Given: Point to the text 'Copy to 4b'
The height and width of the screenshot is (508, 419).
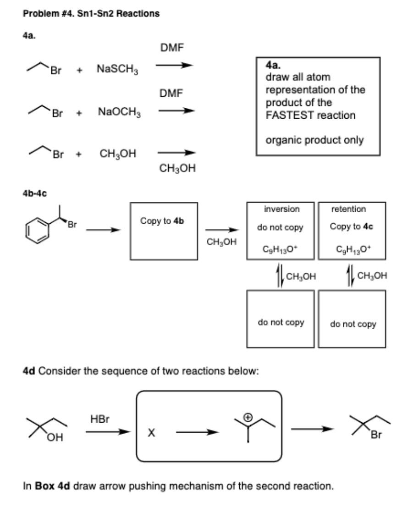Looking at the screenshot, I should [x=162, y=221].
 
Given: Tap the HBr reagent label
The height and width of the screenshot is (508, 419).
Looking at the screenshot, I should [x=100, y=419].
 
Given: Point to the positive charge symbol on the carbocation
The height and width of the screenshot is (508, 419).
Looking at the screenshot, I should [x=248, y=417].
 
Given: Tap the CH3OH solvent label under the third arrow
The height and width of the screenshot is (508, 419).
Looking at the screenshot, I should [x=177, y=169].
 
